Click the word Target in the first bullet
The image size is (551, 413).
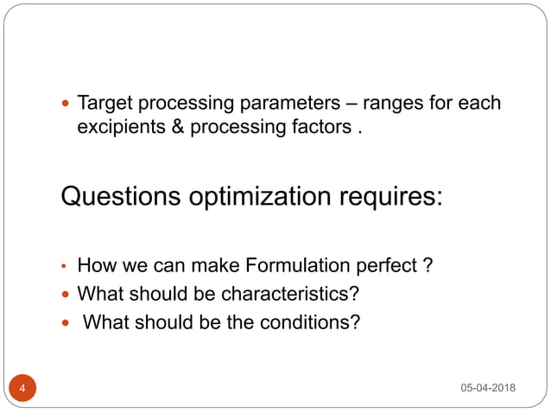103,105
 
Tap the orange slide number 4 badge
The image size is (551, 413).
22,388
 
